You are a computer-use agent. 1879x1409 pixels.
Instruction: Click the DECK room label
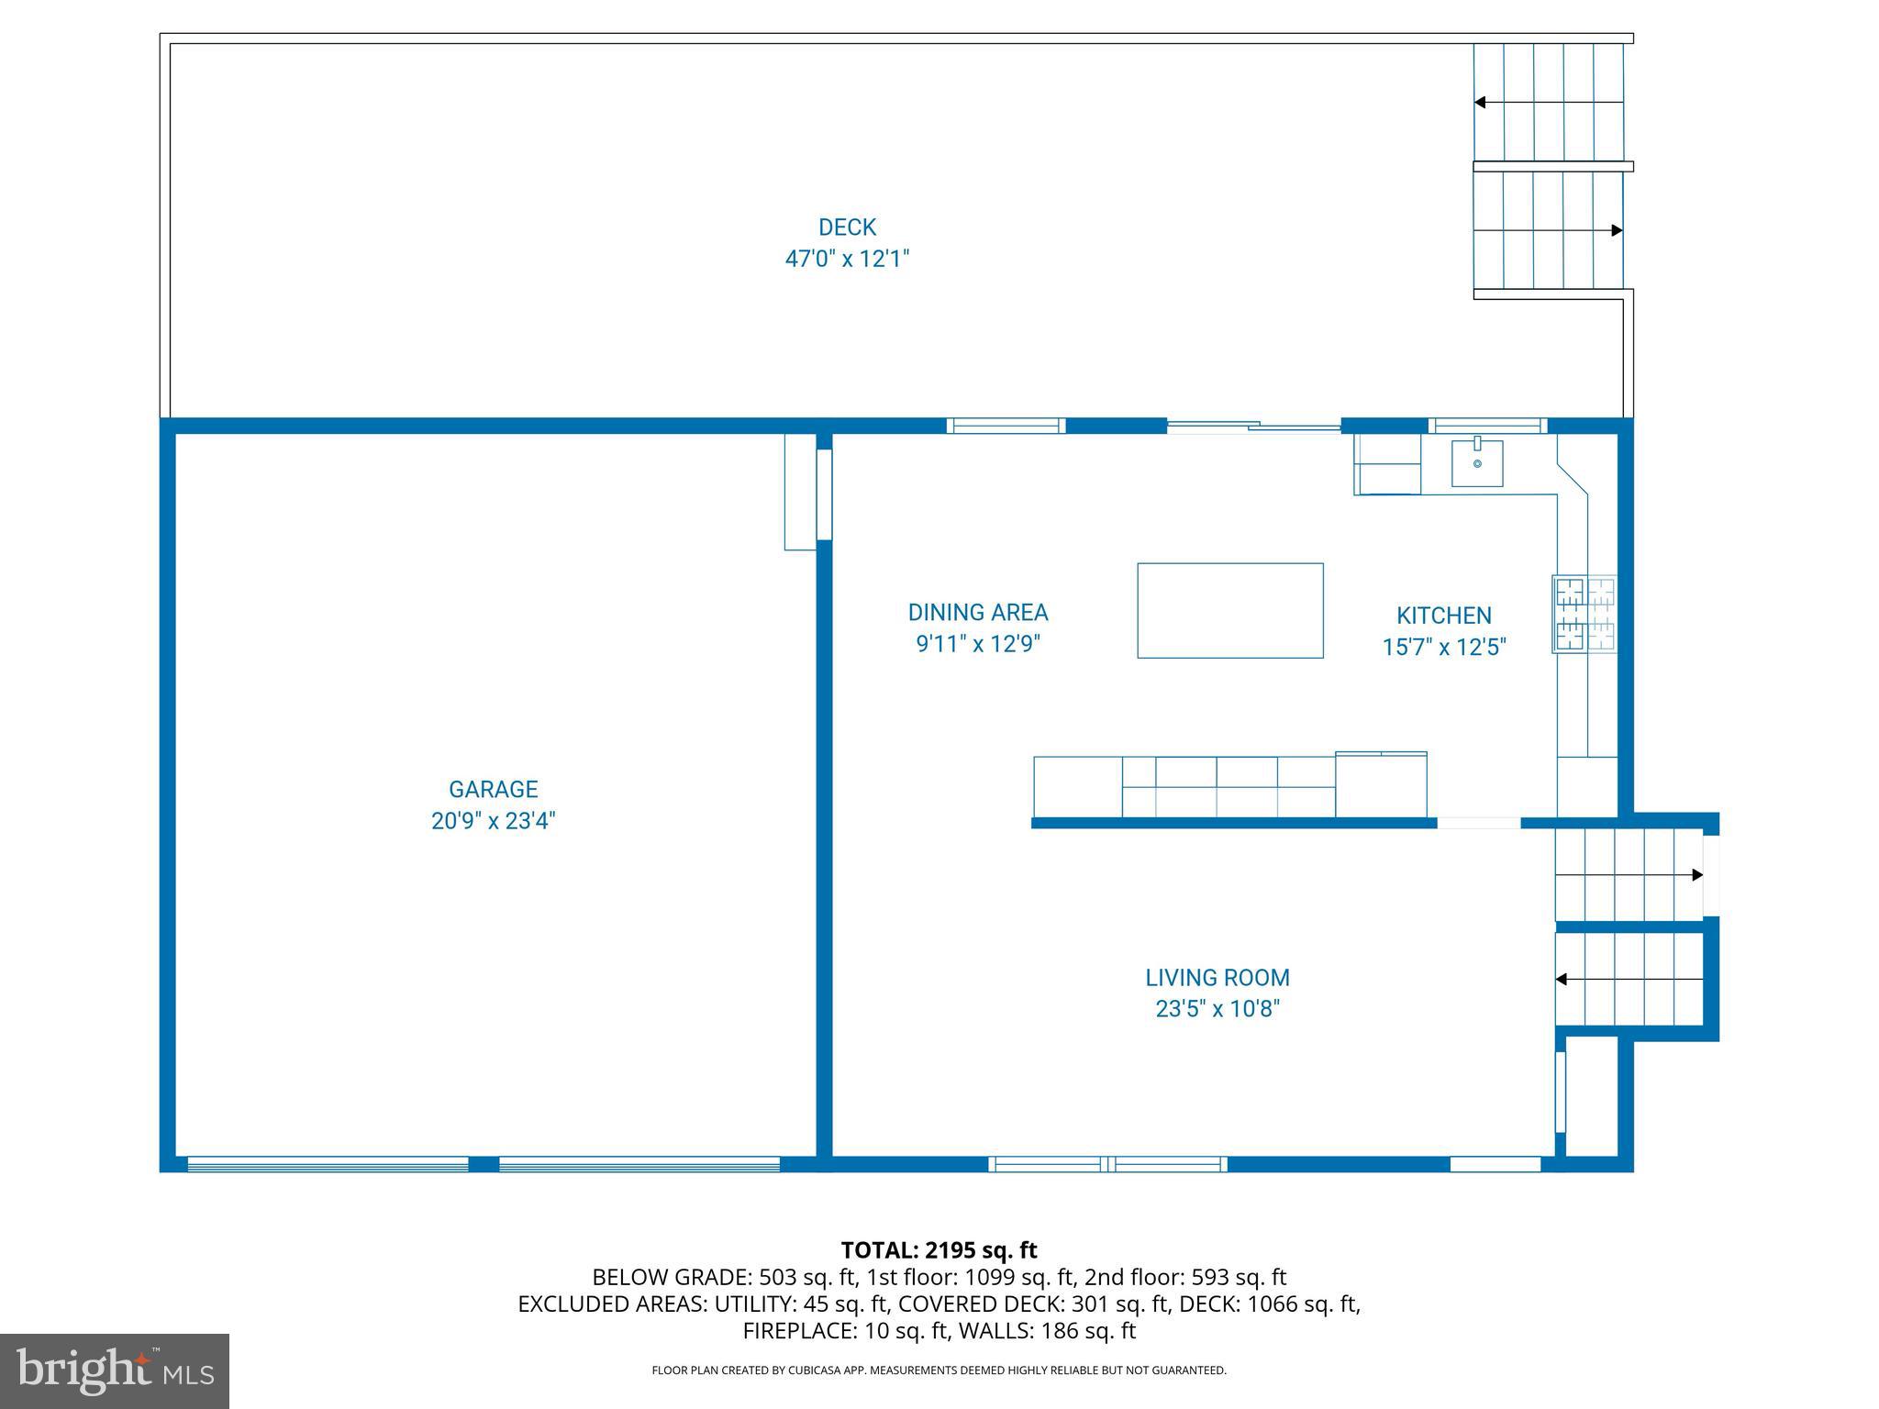click(847, 227)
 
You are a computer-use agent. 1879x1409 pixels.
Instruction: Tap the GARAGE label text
click(493, 789)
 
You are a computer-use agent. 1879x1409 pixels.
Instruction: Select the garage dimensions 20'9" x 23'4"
click(493, 820)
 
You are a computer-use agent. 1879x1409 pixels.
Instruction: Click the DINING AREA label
click(977, 612)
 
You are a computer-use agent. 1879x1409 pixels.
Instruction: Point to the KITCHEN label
click(1443, 616)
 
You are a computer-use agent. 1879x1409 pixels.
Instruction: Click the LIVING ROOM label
click(1217, 978)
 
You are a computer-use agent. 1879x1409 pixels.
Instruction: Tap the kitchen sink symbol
click(1476, 463)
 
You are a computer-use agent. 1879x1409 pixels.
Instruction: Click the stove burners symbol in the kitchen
click(1584, 614)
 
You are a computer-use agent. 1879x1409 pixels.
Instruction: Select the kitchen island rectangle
click(1229, 610)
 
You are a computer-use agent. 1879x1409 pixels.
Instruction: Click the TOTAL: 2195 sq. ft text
click(939, 1249)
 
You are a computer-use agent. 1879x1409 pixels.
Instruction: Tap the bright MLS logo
click(115, 1370)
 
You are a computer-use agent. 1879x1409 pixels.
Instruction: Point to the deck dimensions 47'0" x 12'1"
click(846, 259)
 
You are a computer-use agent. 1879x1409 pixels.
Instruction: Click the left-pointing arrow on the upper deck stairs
click(1480, 102)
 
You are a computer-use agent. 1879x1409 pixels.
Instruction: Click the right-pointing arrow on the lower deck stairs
click(1617, 230)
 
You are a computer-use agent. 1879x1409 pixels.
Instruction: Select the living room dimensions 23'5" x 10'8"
click(1217, 1009)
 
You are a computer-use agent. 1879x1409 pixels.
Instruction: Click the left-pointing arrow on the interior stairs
click(1561, 980)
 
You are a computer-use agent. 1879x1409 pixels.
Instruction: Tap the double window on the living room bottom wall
click(1107, 1164)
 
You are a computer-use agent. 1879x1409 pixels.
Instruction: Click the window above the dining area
click(1006, 426)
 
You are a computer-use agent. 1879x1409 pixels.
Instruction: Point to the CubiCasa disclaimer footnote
click(939, 1370)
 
